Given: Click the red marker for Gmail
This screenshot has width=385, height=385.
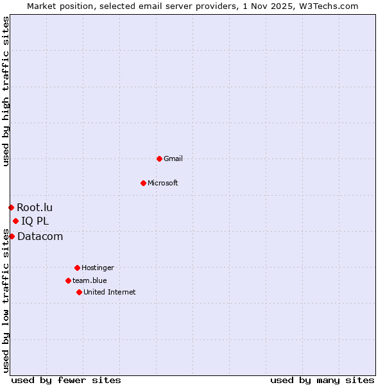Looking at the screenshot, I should click(x=159, y=158).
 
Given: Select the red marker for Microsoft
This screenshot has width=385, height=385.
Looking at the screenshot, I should click(x=143, y=183).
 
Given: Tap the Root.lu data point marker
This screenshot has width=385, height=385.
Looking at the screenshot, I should click(x=11, y=207).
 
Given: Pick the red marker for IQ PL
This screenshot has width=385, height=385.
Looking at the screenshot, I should click(x=15, y=221).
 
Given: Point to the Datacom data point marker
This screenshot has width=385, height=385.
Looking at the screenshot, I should click(x=12, y=236).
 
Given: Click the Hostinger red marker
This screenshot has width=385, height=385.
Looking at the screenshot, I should click(x=77, y=268).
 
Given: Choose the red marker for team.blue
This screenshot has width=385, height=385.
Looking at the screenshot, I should click(x=68, y=280).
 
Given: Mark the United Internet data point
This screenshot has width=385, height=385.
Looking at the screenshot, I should click(x=79, y=292).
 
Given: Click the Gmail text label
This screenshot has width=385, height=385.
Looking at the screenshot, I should click(x=173, y=158).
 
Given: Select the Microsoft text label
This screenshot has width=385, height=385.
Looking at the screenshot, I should click(x=163, y=183).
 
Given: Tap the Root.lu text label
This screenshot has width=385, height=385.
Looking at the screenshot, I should click(x=35, y=207).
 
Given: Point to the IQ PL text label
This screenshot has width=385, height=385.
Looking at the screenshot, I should click(x=35, y=221).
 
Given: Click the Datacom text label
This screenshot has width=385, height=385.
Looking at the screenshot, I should click(x=40, y=236).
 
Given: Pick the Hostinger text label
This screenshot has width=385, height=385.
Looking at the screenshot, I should click(x=98, y=268).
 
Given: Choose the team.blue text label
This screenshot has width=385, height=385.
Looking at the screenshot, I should click(x=90, y=280).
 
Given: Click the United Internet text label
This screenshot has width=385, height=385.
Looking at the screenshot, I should click(x=110, y=292).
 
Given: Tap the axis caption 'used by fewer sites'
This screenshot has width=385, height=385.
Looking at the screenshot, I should click(x=66, y=380).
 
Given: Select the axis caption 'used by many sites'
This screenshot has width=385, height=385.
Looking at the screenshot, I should click(x=322, y=380).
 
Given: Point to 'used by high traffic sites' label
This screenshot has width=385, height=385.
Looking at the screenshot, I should click(x=6, y=91).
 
